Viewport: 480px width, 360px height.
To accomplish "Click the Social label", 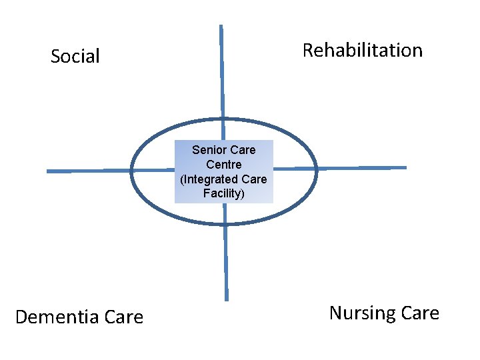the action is coord(75,57).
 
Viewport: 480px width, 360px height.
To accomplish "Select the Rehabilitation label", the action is coord(363,51).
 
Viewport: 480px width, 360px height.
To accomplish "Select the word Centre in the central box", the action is coord(224,164).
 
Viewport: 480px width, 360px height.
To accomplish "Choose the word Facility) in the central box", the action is coord(224,194).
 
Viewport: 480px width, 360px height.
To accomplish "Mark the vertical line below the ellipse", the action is coord(225,260).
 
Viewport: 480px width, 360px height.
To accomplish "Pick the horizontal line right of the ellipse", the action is coord(360,168).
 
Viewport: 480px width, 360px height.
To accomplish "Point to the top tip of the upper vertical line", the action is coord(221,27).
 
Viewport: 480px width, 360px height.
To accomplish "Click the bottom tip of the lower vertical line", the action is coord(227,299).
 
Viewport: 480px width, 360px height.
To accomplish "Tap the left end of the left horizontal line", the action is coord(48,171).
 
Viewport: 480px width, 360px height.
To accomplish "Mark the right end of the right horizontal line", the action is coord(405,167).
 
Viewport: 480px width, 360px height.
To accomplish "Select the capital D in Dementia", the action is coord(21,317).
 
